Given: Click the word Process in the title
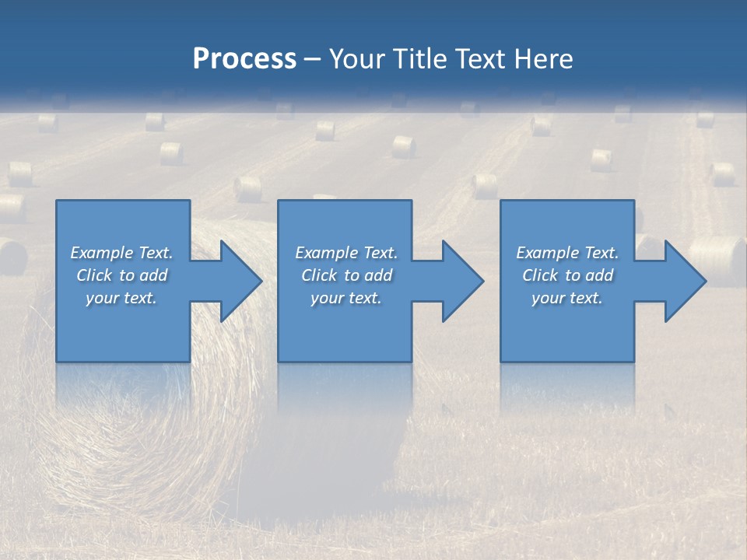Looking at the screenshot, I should coord(244,59).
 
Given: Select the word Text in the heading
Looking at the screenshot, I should coord(481,59).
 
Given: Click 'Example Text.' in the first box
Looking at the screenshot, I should coord(121,253).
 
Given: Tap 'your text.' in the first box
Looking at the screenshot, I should coord(121,298).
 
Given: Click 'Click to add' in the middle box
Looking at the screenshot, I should coord(346,275).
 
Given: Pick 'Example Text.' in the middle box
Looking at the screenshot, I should coord(346,253).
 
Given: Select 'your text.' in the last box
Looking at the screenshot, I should coord(567,298).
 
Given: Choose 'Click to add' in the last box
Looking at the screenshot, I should coord(567,275).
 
